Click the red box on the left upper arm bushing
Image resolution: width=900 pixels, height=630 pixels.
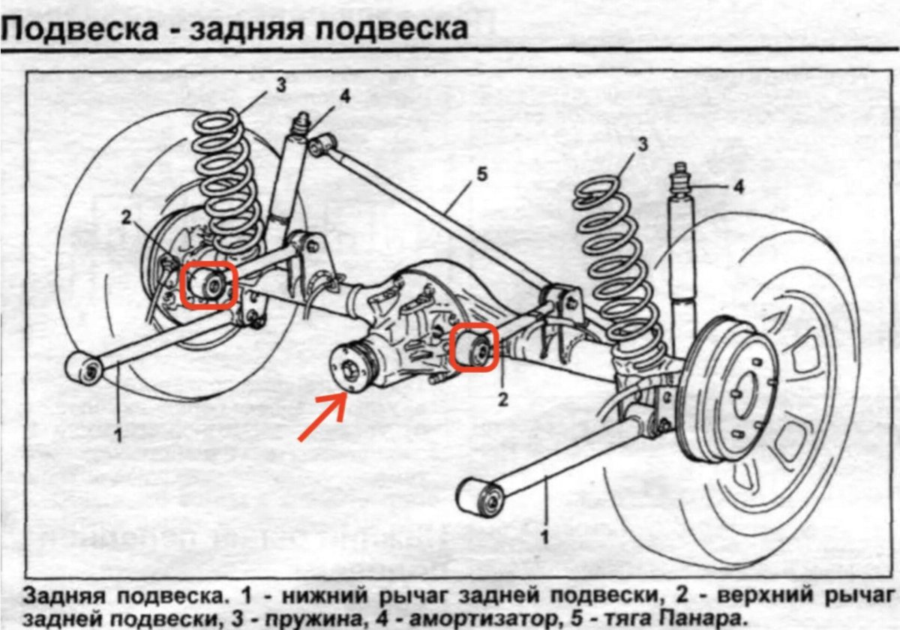tap(208, 285)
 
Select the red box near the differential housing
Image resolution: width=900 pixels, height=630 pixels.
tap(474, 347)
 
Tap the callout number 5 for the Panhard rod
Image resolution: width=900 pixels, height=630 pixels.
tap(481, 175)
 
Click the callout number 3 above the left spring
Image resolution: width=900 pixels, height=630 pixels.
tap(280, 85)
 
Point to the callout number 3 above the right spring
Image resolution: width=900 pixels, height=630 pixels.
tap(642, 145)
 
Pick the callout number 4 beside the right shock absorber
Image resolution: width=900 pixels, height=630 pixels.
tap(739, 187)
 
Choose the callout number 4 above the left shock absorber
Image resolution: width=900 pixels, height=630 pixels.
tap(344, 96)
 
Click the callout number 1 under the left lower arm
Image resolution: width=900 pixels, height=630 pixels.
tap(118, 433)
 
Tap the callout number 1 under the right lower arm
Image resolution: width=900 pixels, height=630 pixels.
tap(545, 536)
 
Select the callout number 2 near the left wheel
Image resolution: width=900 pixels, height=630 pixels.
tap(126, 217)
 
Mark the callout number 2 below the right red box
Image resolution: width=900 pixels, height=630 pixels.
tap(503, 399)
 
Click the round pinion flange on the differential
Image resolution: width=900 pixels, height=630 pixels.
tap(349, 367)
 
